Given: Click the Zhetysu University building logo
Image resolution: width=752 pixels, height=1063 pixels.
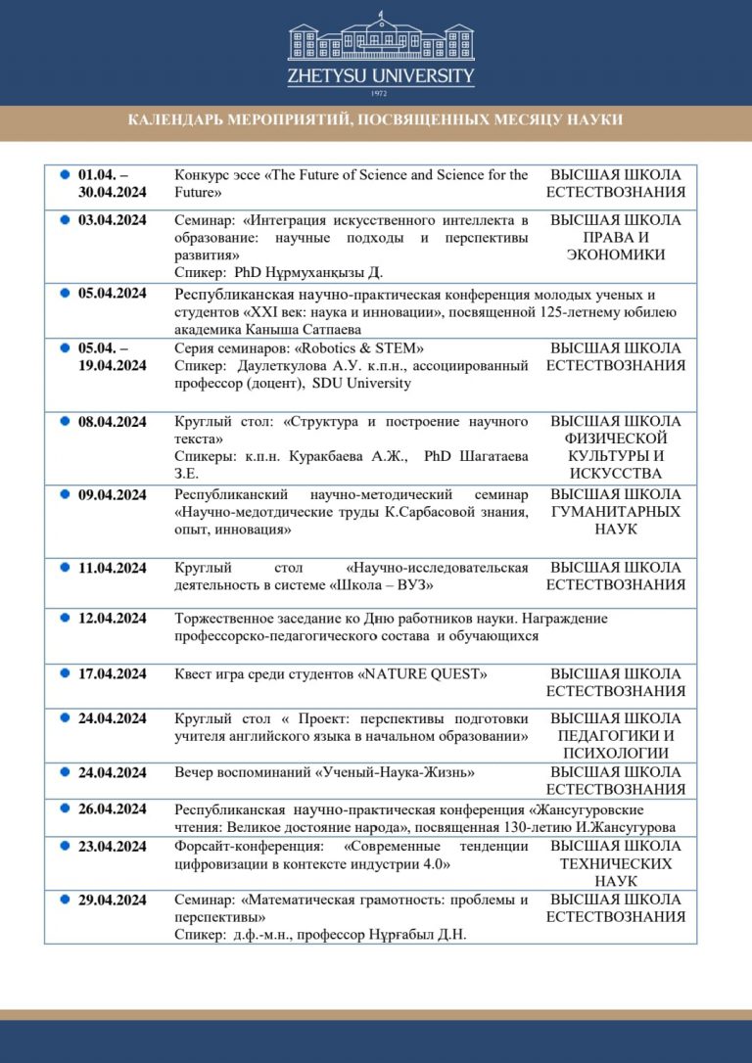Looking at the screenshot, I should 380,38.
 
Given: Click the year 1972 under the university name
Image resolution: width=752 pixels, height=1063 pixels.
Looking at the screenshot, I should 380,93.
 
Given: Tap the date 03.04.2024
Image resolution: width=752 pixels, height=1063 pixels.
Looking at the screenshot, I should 112,220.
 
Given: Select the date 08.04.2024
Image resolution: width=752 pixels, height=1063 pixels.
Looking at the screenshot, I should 112,422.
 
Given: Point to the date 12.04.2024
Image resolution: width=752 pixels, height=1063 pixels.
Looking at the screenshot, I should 112,619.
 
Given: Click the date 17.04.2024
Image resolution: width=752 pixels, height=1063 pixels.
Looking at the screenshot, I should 112,674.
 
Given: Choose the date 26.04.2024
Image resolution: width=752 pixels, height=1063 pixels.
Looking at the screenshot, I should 112,809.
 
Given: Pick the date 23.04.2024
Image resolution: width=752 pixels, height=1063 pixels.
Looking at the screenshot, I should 112,846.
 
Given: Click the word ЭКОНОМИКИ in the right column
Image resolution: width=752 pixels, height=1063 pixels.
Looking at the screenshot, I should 616,255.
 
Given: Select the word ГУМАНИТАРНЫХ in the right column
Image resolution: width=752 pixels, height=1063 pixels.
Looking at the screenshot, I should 616,512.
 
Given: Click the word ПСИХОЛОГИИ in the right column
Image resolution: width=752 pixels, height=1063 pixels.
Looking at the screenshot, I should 616,754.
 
